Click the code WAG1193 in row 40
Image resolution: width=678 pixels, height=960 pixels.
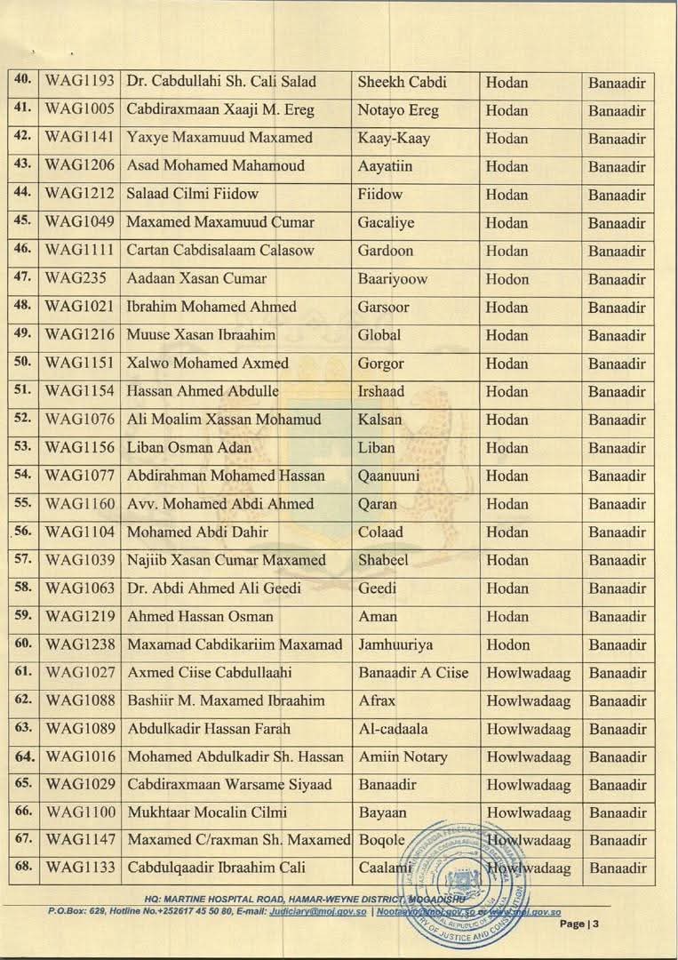click(80, 83)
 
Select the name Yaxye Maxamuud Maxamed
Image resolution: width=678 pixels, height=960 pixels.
click(219, 139)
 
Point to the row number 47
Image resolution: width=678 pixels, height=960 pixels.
click(24, 278)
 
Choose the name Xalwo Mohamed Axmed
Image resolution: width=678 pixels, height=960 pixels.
click(208, 364)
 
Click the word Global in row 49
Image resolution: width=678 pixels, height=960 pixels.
click(379, 335)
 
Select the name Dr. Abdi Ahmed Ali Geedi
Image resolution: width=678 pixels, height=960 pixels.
click(214, 588)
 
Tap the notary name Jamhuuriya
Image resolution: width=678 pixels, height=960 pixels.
click(395, 644)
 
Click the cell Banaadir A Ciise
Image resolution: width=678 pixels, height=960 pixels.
click(413, 673)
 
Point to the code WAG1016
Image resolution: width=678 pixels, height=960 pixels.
click(80, 757)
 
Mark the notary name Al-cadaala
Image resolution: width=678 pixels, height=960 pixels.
click(393, 729)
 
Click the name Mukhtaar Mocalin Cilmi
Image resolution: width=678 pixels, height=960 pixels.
click(207, 813)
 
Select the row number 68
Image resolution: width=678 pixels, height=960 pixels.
click(24, 867)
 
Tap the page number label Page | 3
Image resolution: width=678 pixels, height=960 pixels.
click(580, 924)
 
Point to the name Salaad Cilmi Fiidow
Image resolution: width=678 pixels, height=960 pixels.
click(193, 195)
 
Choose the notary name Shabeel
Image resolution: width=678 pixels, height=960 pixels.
click(387, 561)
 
